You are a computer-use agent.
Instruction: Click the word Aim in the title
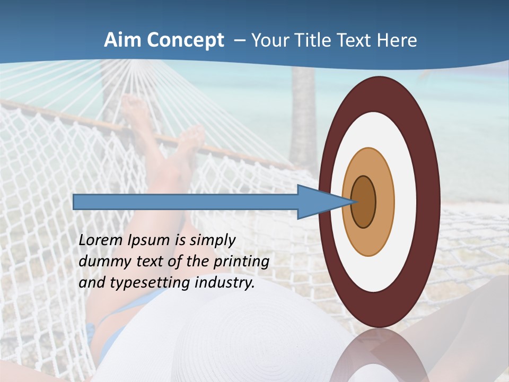pyautogui.click(x=122, y=40)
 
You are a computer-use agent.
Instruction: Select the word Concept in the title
pyautogui.click(x=185, y=41)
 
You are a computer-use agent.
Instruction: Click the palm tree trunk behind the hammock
pyautogui.click(x=303, y=117)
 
